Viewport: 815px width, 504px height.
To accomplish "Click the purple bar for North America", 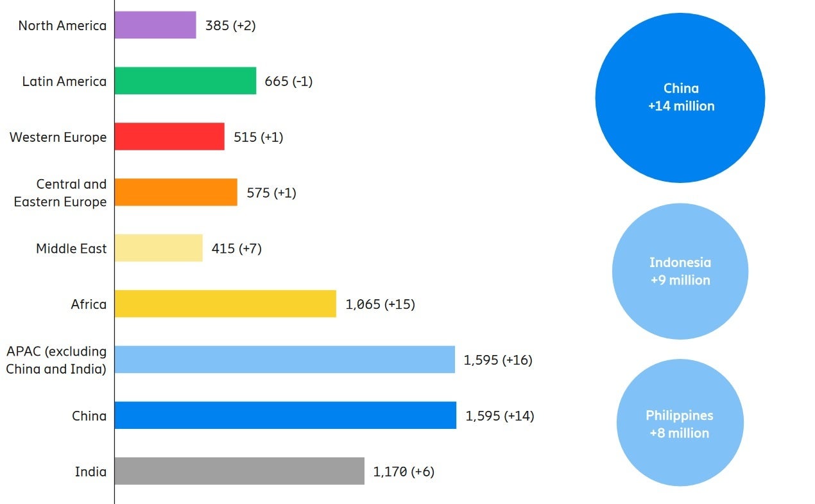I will pos(155,25).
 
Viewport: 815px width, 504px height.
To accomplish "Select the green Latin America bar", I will pos(185,81).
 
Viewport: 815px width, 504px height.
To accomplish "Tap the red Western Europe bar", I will pos(169,137).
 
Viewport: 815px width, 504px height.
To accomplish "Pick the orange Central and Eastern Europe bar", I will pos(176,193).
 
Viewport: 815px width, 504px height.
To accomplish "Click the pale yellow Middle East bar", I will pos(159,248).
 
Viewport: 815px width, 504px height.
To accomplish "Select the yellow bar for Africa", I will pos(225,304).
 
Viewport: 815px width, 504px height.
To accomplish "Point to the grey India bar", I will pos(239,471).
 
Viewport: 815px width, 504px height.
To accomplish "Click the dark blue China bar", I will pos(286,415).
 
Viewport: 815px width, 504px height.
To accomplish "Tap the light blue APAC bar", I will pos(285,360).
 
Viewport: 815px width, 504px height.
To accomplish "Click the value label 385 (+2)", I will pos(230,26).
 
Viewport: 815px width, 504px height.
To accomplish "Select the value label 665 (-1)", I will pos(288,82).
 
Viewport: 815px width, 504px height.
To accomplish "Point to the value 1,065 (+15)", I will pos(380,304).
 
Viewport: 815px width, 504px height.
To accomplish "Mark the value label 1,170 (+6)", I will pos(404,472).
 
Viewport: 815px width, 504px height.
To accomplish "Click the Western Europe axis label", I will pos(58,137).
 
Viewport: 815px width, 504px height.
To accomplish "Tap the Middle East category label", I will pos(71,248).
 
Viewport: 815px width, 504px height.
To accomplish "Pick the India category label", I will pos(90,472).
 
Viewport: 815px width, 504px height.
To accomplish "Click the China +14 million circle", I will pos(680,98).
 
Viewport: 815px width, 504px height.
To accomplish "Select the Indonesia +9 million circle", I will pos(680,271).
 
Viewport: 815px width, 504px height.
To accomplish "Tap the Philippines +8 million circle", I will pos(680,423).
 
